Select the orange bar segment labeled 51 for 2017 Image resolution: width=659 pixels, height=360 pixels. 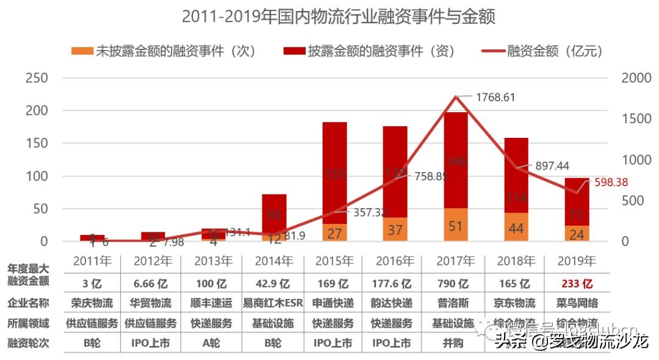click(x=455, y=225)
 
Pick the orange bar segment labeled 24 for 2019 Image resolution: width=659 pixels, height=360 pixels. click(x=577, y=234)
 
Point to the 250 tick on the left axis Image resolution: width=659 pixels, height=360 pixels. click(x=38, y=79)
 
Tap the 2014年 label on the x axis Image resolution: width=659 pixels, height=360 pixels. click(x=273, y=261)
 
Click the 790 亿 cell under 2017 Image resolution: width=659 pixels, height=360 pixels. click(x=455, y=284)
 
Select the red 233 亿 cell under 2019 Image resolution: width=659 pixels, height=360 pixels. click(x=577, y=284)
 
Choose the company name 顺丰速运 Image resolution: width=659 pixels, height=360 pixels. click(x=213, y=303)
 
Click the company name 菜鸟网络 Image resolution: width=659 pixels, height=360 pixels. click(x=577, y=303)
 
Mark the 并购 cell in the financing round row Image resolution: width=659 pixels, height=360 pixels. click(x=455, y=343)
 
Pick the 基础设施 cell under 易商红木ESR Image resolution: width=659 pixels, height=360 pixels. click(x=273, y=323)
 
